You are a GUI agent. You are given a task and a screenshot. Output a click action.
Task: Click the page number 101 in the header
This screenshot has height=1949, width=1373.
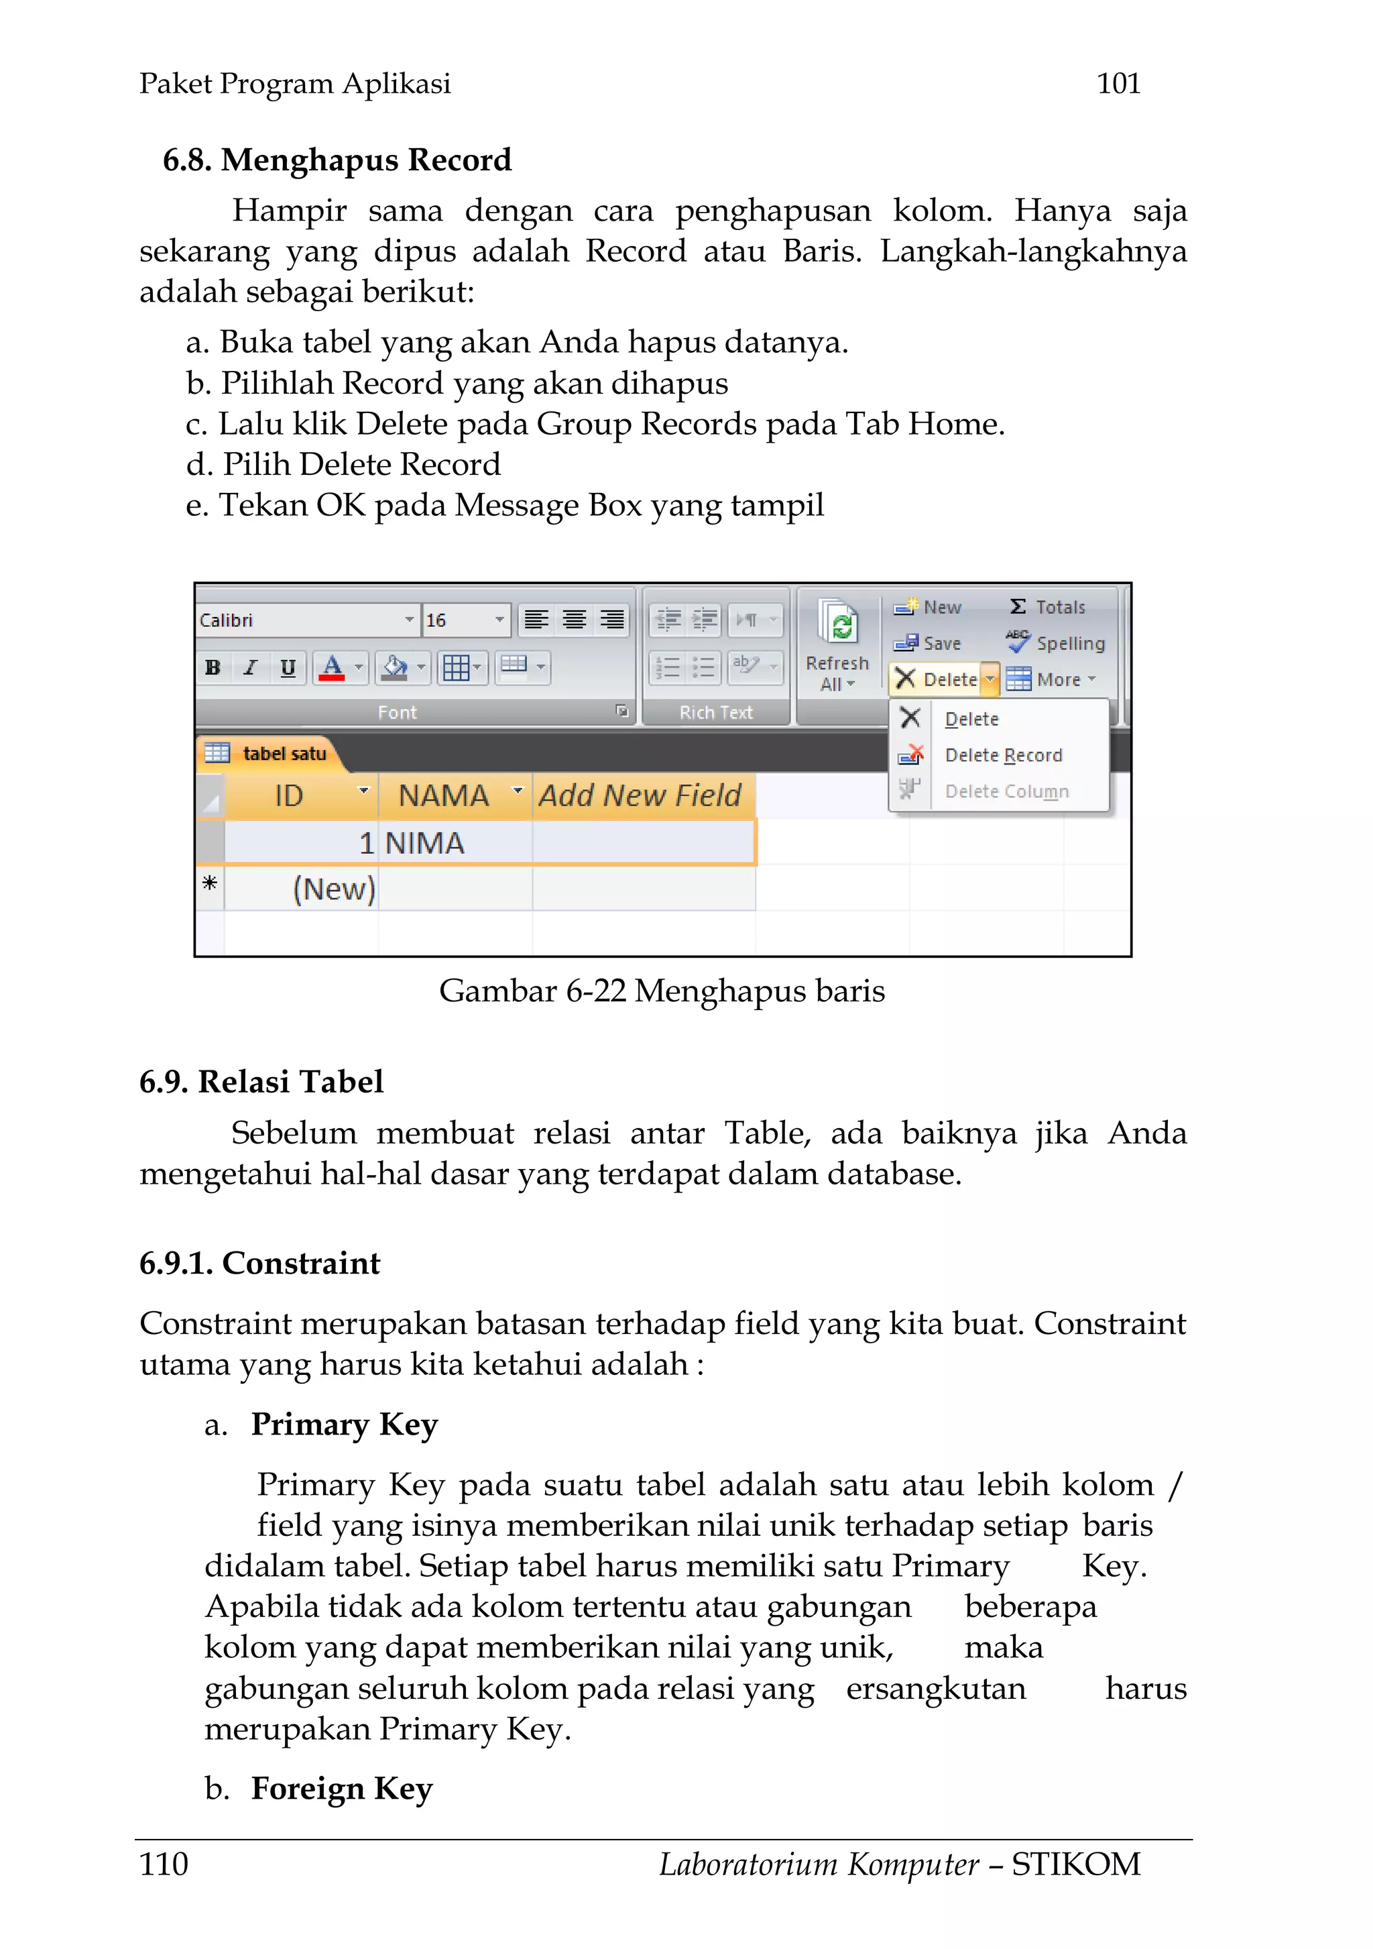click(x=1118, y=83)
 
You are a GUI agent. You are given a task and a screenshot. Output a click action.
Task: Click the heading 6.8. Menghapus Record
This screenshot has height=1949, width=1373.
click(x=337, y=160)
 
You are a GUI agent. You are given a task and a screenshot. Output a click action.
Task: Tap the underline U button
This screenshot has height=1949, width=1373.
click(x=288, y=668)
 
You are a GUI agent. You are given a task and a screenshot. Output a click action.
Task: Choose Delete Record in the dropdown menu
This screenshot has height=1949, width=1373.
click(x=1003, y=755)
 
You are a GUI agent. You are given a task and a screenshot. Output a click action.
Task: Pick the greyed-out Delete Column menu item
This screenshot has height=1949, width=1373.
click(x=1006, y=791)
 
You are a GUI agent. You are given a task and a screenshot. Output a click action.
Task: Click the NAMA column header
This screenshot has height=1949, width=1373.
click(x=444, y=796)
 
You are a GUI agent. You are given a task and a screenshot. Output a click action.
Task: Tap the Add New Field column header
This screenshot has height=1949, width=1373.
click(x=640, y=796)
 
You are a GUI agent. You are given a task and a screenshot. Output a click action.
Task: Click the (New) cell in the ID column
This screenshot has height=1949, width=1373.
click(x=333, y=889)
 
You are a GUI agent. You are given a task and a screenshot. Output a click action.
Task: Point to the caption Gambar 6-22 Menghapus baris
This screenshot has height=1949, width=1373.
click(x=661, y=991)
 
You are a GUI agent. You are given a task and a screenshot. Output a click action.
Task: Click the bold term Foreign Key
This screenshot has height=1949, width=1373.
click(x=341, y=1789)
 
